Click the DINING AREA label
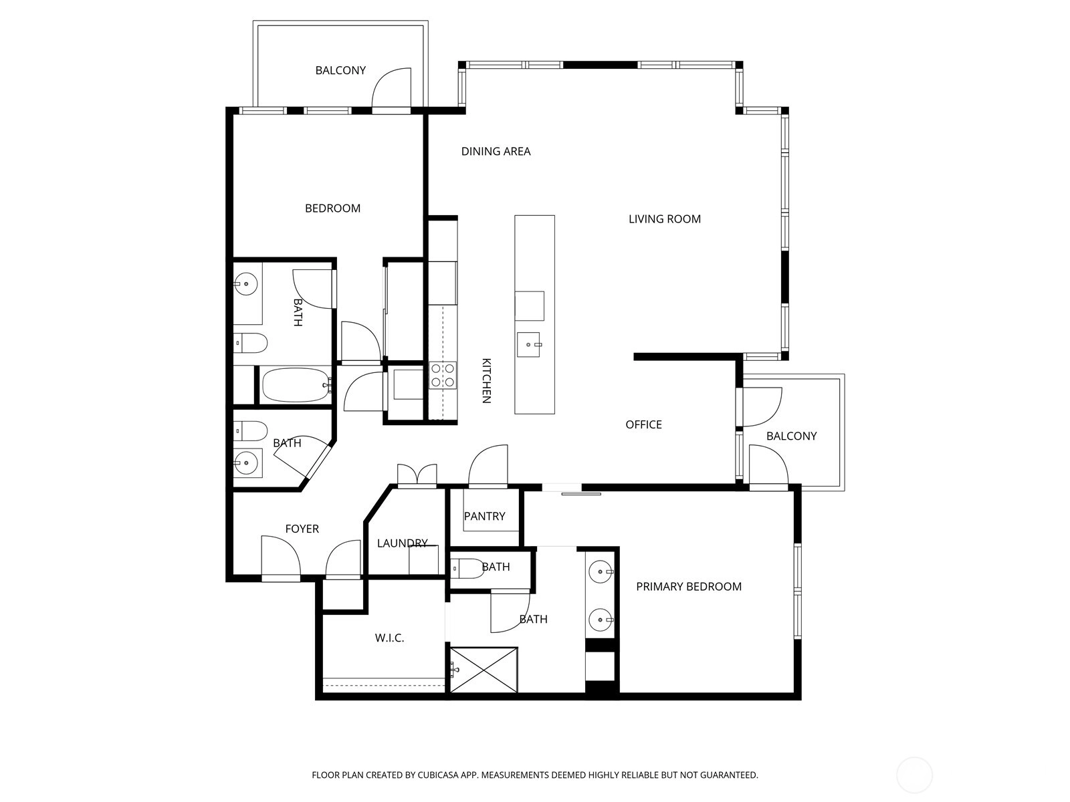[x=496, y=152]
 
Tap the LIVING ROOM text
[x=665, y=219]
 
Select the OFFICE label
[x=643, y=424]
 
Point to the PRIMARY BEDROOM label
[x=689, y=587]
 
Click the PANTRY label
[x=484, y=516]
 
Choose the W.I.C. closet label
[x=389, y=638]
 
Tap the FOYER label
[x=302, y=529]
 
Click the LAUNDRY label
[x=402, y=543]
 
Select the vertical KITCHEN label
[x=486, y=381]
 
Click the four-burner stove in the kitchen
[x=443, y=376]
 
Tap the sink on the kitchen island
[x=528, y=344]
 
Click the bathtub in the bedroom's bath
[x=296, y=385]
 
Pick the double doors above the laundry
[x=417, y=475]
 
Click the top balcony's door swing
[x=391, y=88]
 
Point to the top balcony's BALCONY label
[x=340, y=71]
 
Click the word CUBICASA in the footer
[x=438, y=775]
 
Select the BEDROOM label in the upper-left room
[x=332, y=209]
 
